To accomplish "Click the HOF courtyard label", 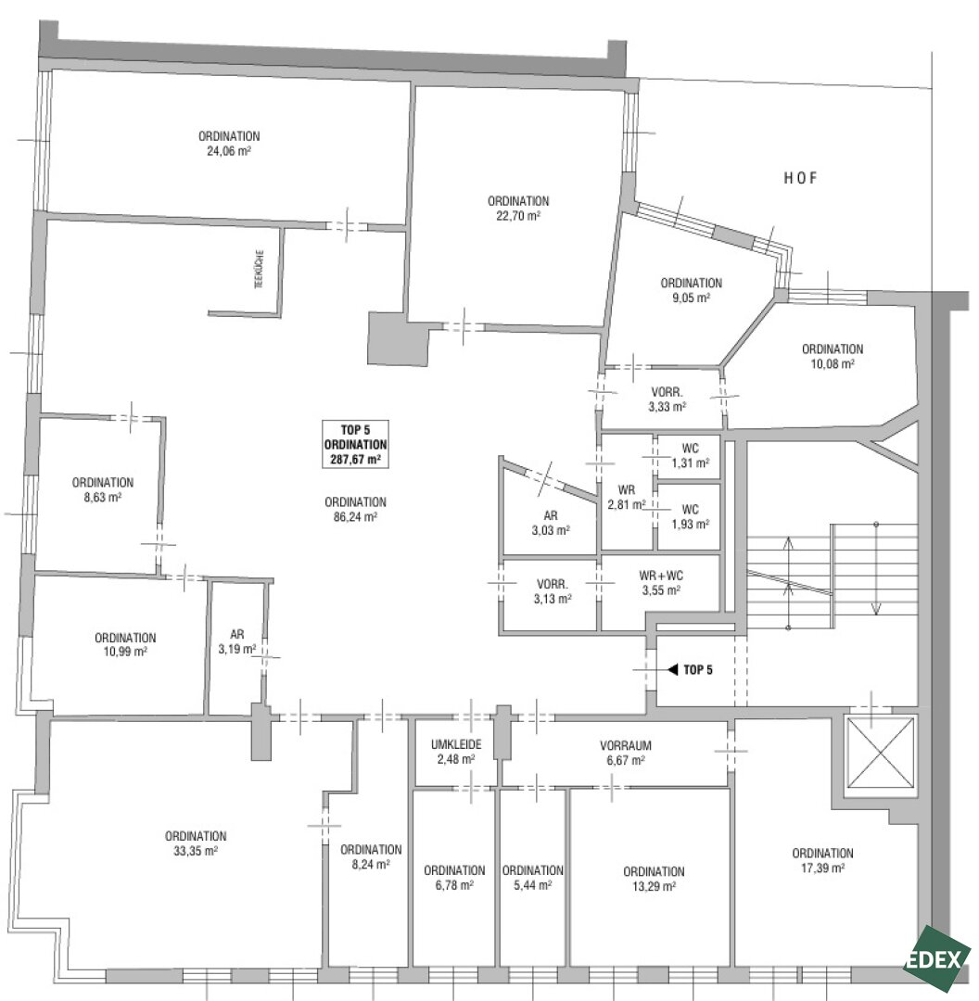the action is (800, 178).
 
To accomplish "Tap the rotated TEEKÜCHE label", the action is (260, 269).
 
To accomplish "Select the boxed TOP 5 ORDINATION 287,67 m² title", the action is (355, 444).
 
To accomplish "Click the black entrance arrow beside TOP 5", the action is (672, 669).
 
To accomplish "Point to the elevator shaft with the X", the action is (881, 754).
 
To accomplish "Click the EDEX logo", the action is (935, 959).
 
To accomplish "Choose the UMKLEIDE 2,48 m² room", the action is (456, 752).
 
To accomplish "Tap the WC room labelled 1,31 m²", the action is (690, 456).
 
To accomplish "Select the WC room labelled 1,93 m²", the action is (690, 517).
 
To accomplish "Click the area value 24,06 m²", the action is (229, 151).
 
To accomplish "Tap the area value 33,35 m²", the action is (196, 851).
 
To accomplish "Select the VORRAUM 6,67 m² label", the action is (625, 753).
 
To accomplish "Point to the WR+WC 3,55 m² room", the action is (662, 584).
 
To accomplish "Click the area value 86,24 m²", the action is (355, 517).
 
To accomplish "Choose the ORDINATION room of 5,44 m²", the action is (532, 878).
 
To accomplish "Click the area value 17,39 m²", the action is (822, 868).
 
